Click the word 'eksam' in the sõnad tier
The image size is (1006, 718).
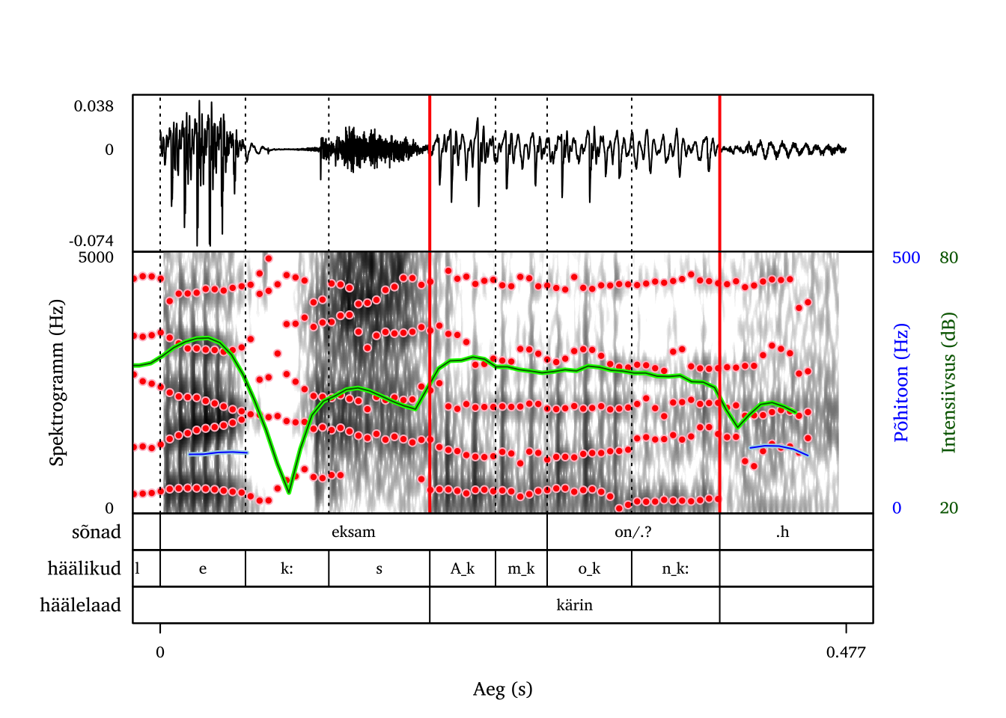(353, 532)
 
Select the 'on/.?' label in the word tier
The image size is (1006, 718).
(632, 532)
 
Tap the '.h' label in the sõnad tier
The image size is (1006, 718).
(782, 532)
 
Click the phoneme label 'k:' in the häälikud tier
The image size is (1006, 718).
(287, 568)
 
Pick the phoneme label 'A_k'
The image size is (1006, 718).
(462, 568)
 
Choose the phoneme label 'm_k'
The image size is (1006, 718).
(521, 568)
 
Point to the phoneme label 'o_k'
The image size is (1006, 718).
(589, 568)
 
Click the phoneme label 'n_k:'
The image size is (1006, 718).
(675, 568)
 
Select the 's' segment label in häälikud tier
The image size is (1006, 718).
(379, 569)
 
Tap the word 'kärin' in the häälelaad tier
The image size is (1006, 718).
(574, 605)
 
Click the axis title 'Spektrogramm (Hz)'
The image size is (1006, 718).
(57, 382)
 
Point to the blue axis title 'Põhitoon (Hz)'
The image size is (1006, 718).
(901, 382)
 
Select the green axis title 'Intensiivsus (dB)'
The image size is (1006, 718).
(948, 382)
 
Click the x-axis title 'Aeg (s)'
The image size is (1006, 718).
(502, 689)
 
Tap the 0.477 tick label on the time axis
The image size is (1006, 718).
(846, 652)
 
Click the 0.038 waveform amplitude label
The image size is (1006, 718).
(94, 106)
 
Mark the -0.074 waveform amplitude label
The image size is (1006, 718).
(91, 241)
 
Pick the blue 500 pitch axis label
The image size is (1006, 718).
(906, 258)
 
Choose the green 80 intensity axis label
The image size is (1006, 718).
(948, 258)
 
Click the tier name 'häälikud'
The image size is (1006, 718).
(84, 568)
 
